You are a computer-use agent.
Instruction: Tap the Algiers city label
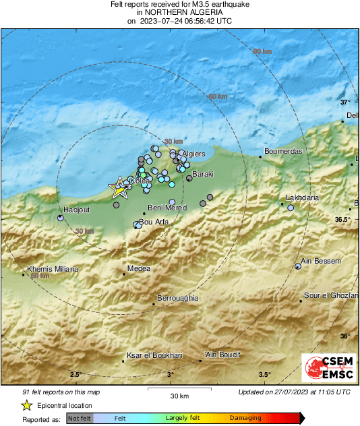tap(194, 154)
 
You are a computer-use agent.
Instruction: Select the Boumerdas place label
tap(284, 151)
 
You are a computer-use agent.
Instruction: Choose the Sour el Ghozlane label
tap(331, 296)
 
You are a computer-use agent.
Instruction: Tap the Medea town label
tap(139, 268)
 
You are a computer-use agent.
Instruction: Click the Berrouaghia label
tap(177, 298)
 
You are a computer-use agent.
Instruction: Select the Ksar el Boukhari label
tap(154, 355)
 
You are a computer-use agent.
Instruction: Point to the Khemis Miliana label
tap(53, 269)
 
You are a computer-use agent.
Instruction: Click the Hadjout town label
tap(76, 210)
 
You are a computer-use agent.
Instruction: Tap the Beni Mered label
tap(167, 208)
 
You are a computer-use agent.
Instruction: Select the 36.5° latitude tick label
tap(344, 220)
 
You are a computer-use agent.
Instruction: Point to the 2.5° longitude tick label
tap(76, 375)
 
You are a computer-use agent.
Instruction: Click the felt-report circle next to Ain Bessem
tap(298, 267)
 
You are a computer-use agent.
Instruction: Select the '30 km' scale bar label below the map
tap(179, 395)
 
